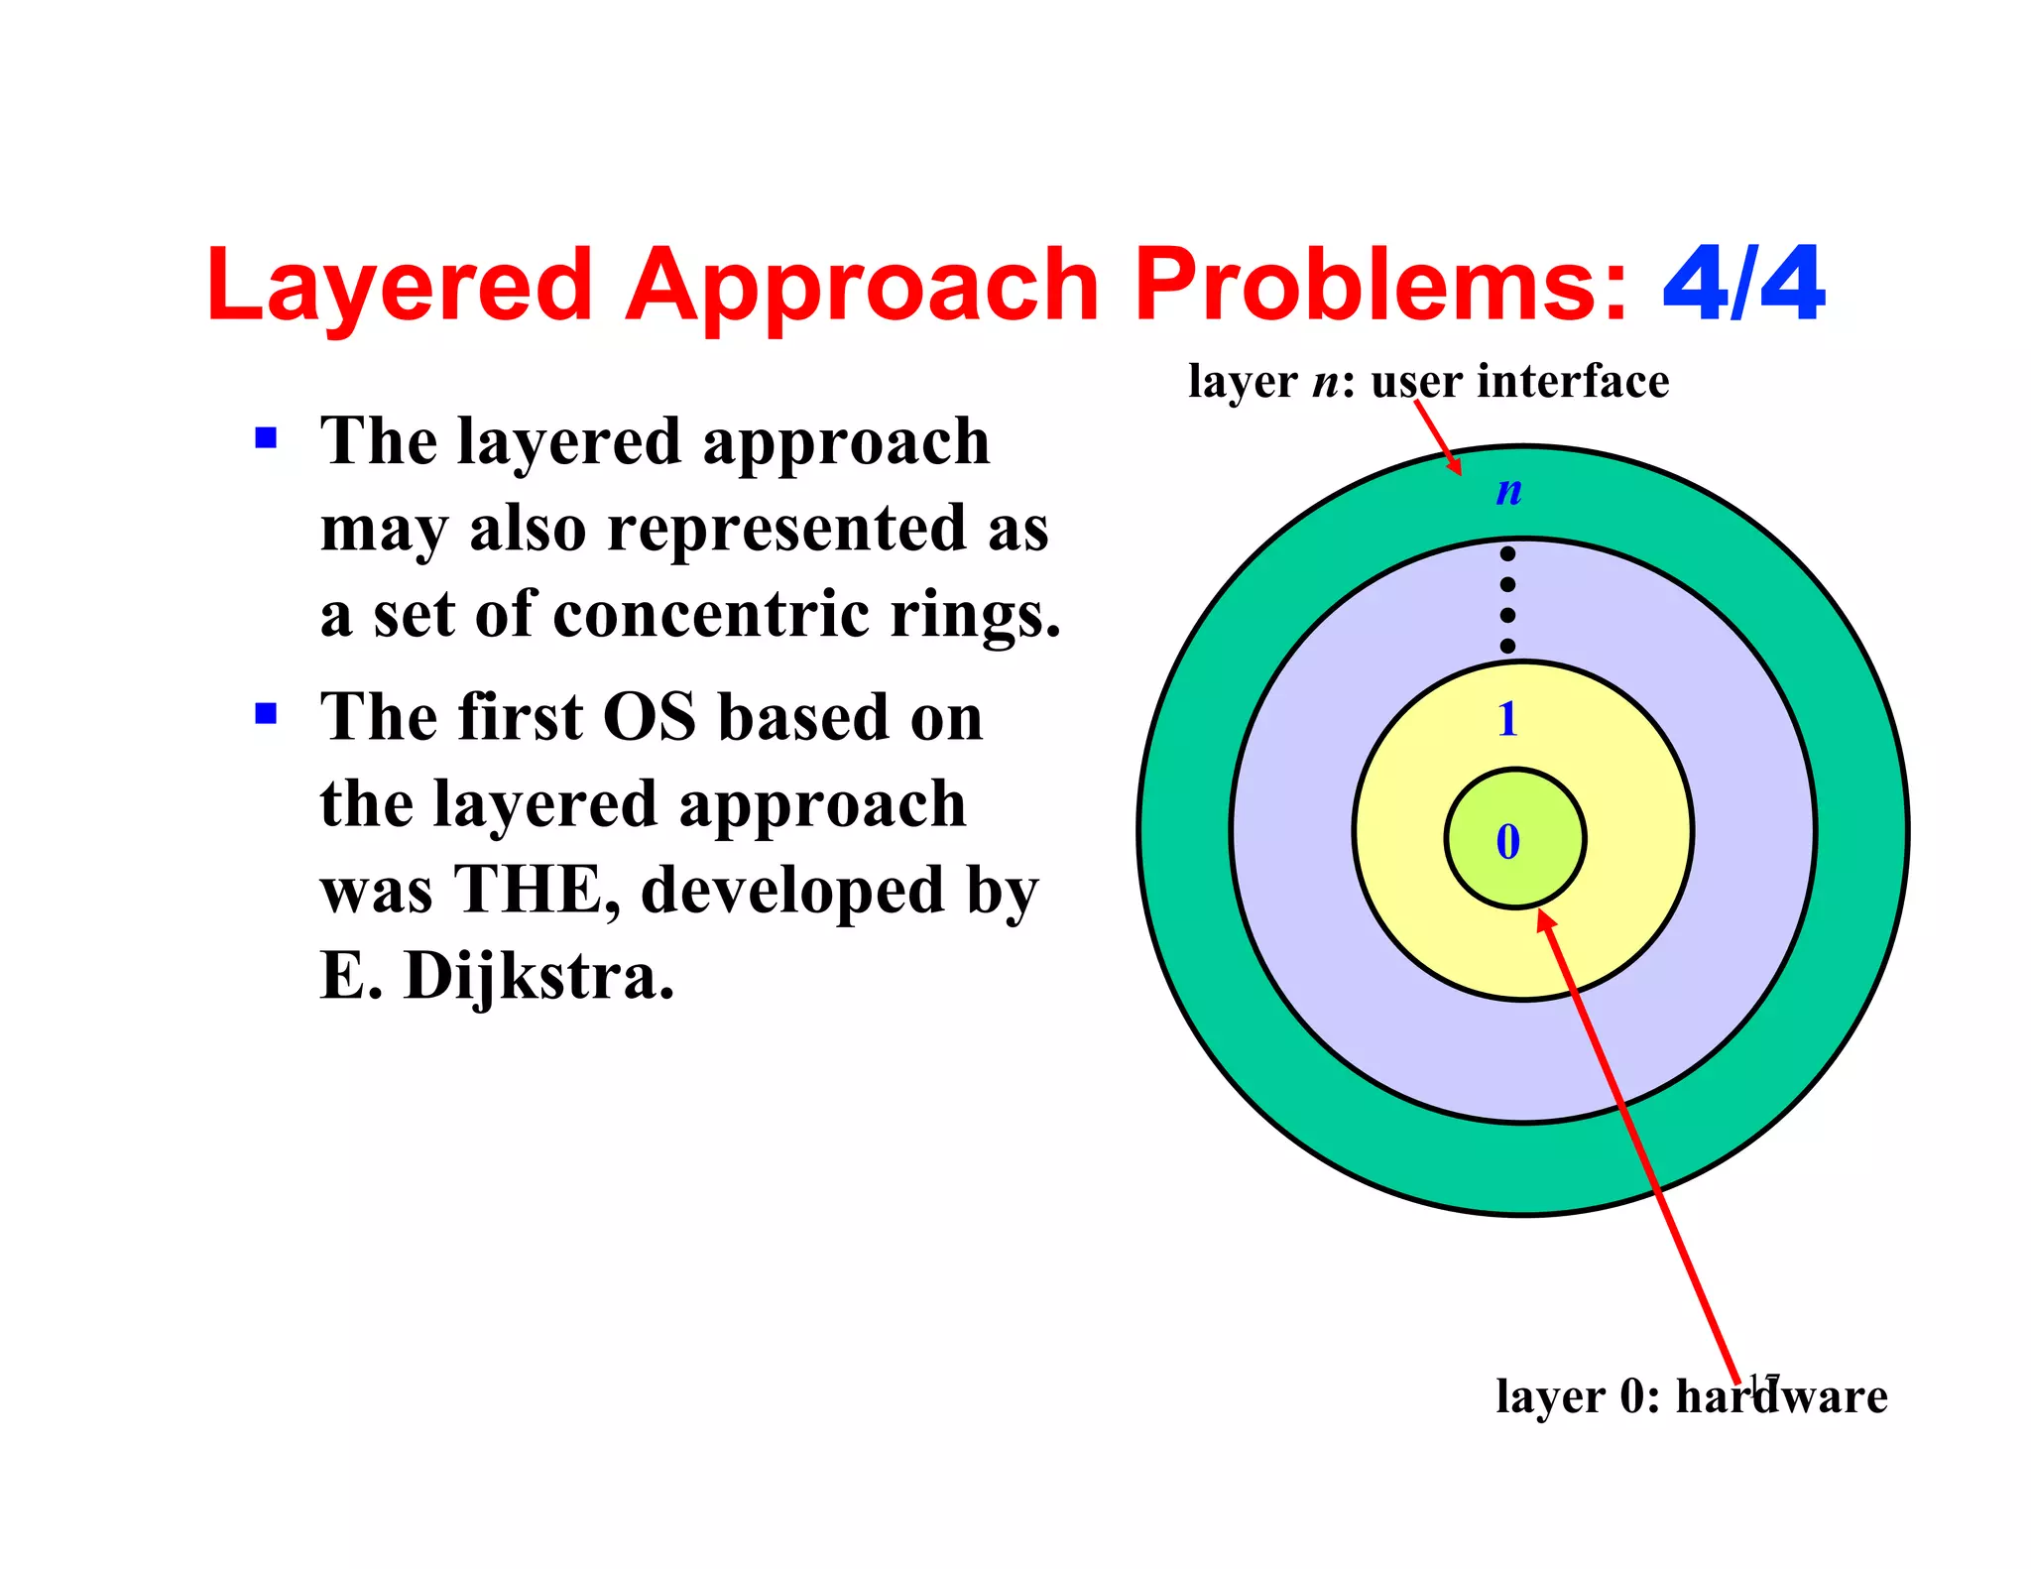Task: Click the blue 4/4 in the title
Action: coord(1742,285)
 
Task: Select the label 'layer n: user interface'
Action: coord(1428,382)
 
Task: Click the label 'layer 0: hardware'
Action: coord(1691,1396)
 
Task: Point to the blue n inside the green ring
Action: coord(1508,490)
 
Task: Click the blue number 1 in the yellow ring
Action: coord(1507,719)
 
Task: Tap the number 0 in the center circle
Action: coord(1507,842)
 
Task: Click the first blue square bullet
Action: coord(266,438)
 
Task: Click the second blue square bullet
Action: coord(266,714)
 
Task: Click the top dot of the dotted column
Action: coord(1507,554)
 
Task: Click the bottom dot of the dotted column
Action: coord(1507,646)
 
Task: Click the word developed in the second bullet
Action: coord(791,890)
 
